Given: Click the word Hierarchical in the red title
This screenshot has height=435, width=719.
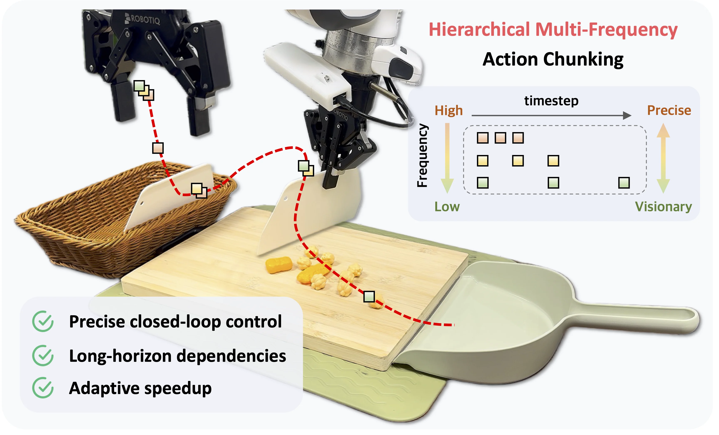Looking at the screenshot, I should [479, 30].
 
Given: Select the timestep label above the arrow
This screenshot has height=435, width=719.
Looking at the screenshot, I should [551, 101].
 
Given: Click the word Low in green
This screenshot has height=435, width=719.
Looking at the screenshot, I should [447, 207].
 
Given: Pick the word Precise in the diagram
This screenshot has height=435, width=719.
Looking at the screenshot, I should [669, 110].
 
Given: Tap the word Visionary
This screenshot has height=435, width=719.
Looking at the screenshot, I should [663, 207].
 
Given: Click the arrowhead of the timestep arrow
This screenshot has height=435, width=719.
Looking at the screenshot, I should [627, 115].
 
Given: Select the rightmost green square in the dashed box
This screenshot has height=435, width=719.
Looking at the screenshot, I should [624, 183].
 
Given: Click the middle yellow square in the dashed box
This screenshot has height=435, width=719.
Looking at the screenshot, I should [518, 161].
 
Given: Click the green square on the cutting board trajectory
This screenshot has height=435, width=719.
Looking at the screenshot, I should [369, 296].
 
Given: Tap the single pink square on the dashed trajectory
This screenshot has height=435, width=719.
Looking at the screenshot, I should [158, 148].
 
